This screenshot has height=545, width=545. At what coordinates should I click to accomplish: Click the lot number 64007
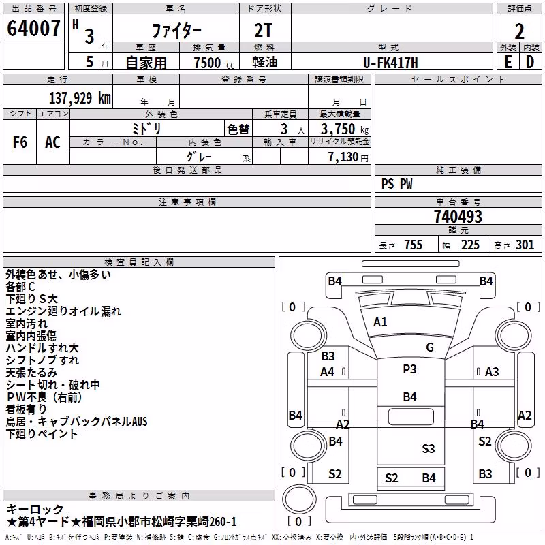(x=33, y=29)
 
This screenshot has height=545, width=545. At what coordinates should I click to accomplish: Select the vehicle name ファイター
(x=176, y=31)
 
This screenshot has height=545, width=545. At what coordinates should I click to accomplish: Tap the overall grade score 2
(x=519, y=31)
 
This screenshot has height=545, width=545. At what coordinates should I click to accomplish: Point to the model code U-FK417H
(x=390, y=63)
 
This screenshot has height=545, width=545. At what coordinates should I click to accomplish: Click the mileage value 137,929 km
(x=80, y=97)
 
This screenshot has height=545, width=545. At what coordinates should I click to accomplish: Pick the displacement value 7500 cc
(x=214, y=63)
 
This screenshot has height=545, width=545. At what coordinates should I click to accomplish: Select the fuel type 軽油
(x=265, y=62)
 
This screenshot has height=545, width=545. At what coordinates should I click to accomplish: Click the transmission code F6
(x=20, y=142)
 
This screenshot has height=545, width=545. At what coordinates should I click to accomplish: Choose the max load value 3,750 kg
(x=345, y=129)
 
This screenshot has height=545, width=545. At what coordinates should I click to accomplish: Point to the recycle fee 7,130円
(x=348, y=157)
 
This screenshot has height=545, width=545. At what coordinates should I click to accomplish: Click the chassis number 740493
(x=458, y=217)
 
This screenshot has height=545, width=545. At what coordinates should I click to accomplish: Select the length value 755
(x=413, y=245)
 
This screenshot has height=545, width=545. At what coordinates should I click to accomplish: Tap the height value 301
(x=525, y=245)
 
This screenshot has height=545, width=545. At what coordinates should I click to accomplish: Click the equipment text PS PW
(x=396, y=184)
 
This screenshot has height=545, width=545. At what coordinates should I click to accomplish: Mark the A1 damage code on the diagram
(x=380, y=322)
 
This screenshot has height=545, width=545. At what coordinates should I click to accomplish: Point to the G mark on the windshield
(x=430, y=347)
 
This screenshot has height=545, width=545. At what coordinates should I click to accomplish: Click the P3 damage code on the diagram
(x=409, y=369)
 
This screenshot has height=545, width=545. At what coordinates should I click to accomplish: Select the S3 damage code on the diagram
(x=429, y=449)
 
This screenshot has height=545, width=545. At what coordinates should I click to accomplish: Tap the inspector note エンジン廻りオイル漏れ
(x=63, y=311)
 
